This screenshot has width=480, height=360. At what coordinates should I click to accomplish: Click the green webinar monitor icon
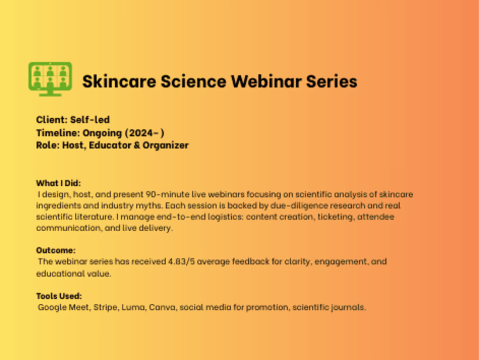tap(50, 79)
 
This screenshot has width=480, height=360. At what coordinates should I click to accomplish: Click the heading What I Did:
tap(58, 183)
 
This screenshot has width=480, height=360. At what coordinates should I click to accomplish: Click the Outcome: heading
tap(56, 250)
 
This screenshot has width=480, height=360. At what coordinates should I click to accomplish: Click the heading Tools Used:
tap(59, 296)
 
